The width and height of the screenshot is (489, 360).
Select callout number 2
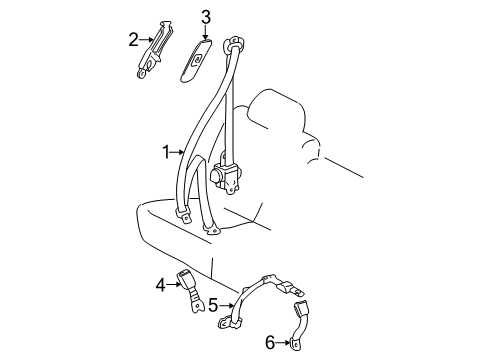[133, 40]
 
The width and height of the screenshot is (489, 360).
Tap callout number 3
[204, 17]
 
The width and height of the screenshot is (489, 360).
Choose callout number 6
[270, 343]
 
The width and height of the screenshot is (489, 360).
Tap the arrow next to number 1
[180, 153]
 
